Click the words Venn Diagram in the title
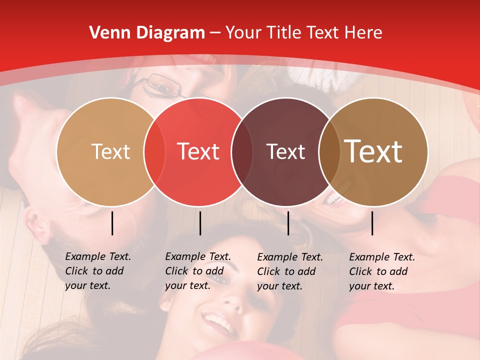coord(147,33)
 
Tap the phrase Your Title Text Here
coord(304,33)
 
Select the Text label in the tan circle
coord(110,151)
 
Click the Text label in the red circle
coord(198,151)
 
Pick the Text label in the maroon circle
coord(285,151)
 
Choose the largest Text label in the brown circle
coord(373,151)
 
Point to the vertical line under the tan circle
coord(112,223)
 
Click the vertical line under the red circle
coord(200,223)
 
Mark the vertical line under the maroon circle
coord(288,223)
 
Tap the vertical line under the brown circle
coord(372,223)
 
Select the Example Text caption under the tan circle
coord(98,271)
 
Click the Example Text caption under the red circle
coord(198,271)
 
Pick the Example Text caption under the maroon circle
coord(290,271)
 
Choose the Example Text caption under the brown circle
coord(382,271)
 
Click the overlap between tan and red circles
coord(154,151)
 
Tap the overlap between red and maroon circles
coord(242,151)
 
